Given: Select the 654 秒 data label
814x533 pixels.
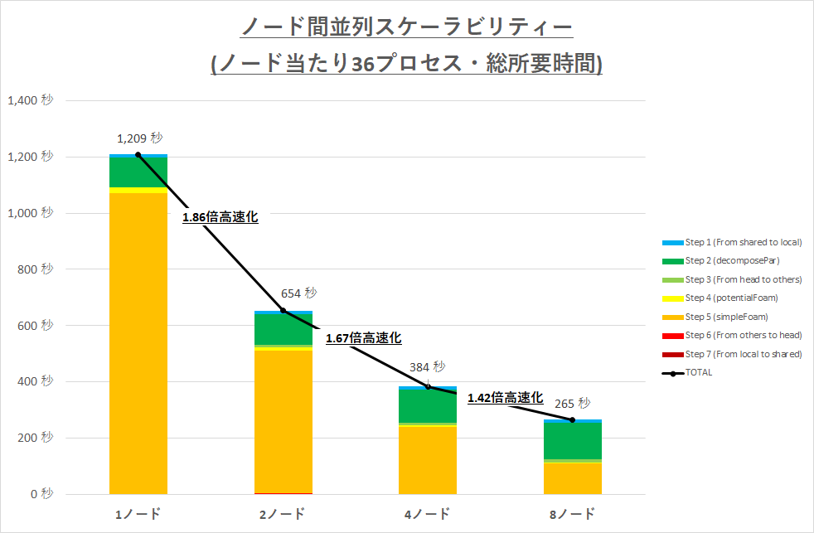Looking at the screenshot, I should [x=298, y=293].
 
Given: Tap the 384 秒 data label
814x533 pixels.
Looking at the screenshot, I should [x=427, y=366].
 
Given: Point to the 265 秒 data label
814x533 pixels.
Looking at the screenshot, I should [x=572, y=404].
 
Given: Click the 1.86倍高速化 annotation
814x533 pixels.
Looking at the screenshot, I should [x=220, y=217].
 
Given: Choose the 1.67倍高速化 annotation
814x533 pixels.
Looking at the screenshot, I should [x=363, y=338].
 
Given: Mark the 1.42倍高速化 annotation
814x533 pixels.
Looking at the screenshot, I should [x=505, y=398].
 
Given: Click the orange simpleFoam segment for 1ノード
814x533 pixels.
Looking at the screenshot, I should [x=138, y=340].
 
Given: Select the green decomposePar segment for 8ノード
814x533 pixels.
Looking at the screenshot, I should [x=573, y=440].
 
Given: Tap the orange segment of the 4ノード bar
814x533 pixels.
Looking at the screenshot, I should [x=428, y=460].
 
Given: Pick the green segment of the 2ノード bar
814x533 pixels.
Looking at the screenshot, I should [x=283, y=329].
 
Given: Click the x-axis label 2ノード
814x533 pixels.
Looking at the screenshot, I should [x=283, y=515].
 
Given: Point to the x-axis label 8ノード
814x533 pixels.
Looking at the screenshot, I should [x=572, y=515].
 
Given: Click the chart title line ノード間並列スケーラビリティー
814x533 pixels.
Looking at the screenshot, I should [x=406, y=28].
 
